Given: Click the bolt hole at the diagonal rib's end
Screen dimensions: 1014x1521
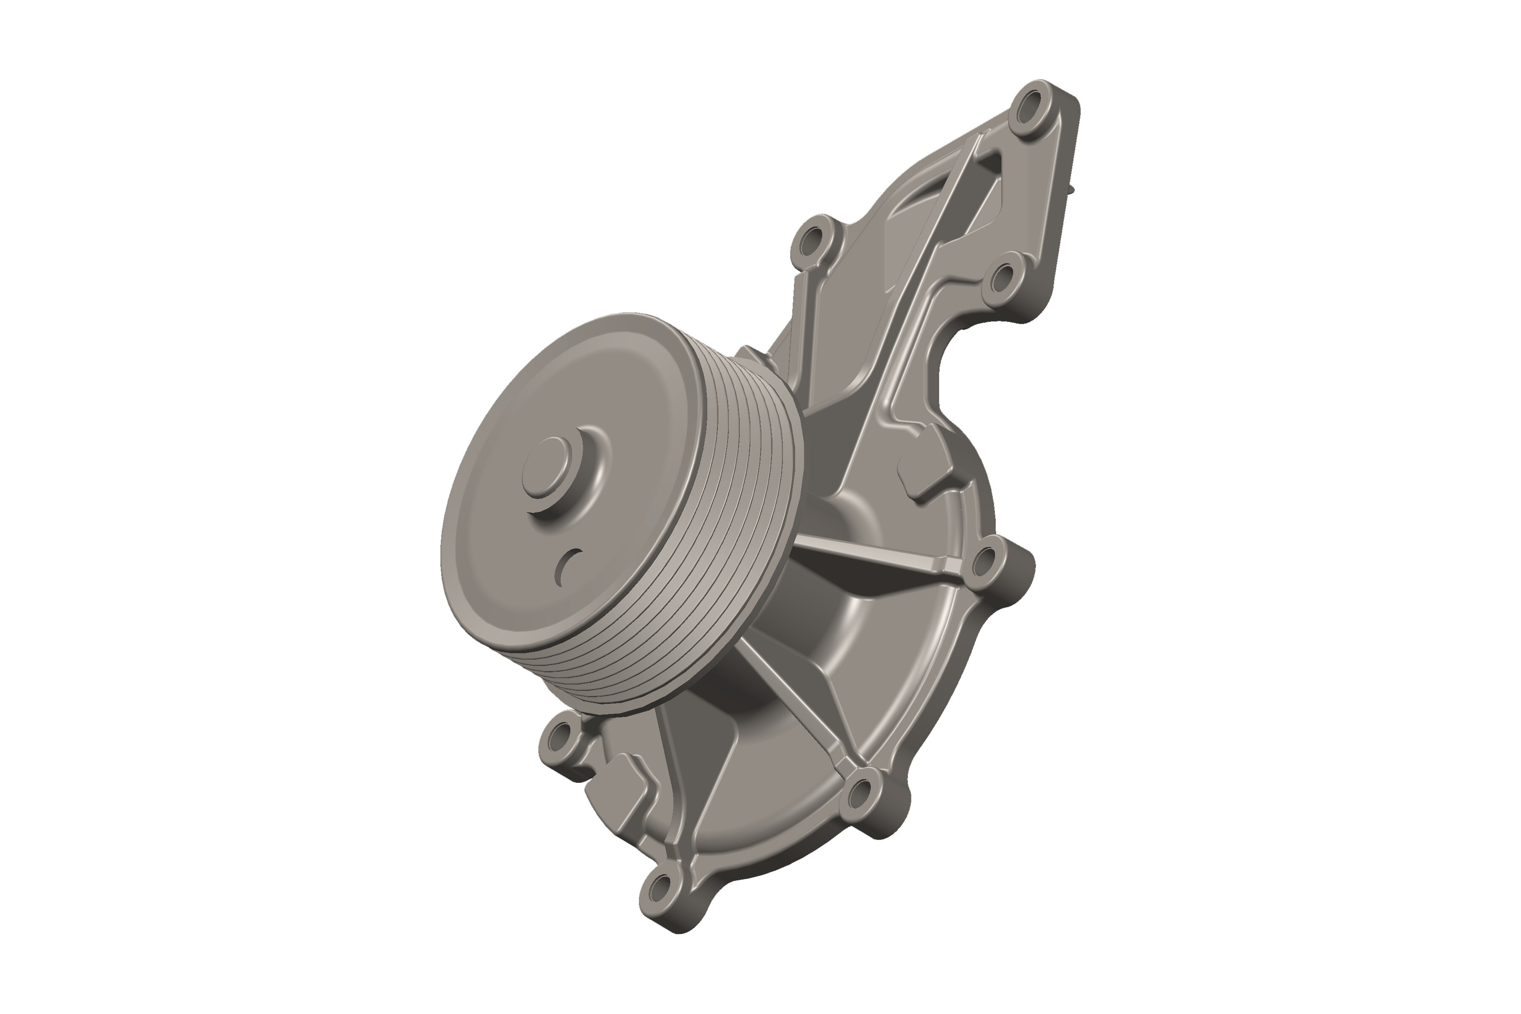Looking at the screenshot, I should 861,792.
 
